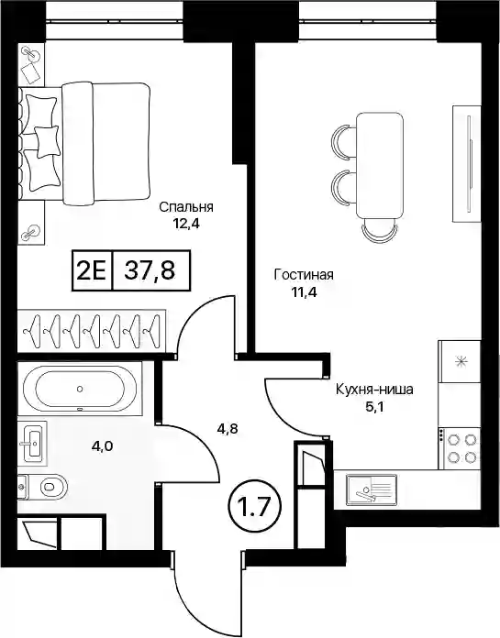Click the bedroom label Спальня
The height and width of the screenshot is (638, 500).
point(186,207)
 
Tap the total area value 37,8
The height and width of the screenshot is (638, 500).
point(150,270)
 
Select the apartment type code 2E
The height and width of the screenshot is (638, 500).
point(91,270)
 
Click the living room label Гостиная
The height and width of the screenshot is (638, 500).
point(304,275)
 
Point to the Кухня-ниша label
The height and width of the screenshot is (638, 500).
point(374,390)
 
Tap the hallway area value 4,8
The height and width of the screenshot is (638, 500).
point(227,428)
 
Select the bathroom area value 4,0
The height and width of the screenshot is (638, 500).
point(102,446)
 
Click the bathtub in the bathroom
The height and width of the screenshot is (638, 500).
point(80,389)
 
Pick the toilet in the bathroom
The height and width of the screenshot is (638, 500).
point(43,487)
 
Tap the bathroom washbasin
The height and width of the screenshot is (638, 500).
point(33,443)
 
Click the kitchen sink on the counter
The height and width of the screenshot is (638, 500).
point(371,490)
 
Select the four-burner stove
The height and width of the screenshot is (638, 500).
point(459,448)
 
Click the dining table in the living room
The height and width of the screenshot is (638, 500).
point(380,166)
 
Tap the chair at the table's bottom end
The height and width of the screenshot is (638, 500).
point(380,228)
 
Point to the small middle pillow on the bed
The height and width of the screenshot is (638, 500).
point(47,141)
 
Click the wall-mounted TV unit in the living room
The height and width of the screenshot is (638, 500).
point(467,163)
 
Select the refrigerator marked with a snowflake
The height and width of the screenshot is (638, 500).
point(460,361)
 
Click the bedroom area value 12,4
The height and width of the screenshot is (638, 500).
point(186,225)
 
